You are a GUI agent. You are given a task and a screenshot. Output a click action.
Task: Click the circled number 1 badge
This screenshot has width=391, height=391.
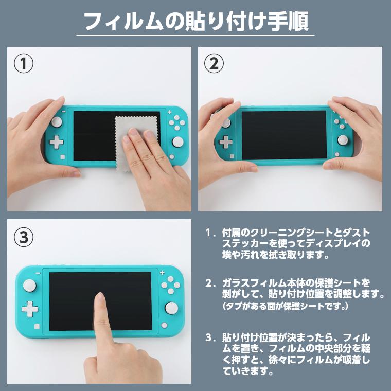[24, 64]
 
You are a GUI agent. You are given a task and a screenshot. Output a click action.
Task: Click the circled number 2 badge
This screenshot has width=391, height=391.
[215, 64]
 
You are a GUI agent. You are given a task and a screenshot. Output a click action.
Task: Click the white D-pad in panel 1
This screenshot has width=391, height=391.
[56, 141]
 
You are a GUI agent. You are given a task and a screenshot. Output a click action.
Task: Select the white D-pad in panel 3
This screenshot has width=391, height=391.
[29, 309]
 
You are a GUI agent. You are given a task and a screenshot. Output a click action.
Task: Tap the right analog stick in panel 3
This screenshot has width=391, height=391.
[171, 308]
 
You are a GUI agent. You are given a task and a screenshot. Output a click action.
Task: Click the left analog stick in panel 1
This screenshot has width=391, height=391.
[56, 122]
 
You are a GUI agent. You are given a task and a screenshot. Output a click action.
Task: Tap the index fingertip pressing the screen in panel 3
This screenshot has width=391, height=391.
[100, 298]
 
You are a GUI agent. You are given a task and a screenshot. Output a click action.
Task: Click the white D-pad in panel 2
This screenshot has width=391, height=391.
[225, 142]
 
